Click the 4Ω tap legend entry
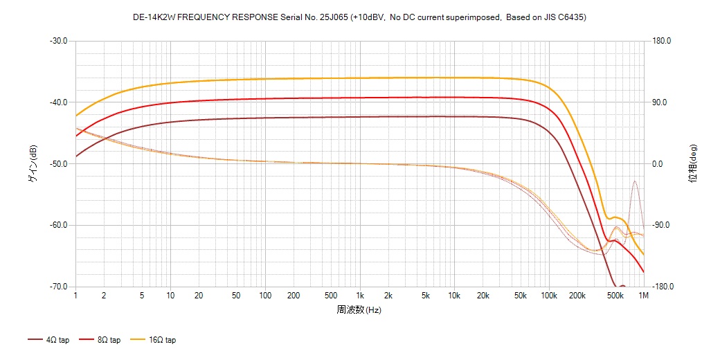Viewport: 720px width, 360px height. (x=48, y=340)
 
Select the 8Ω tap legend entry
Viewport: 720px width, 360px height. (x=100, y=340)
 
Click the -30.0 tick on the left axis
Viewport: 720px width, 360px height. (x=58, y=41)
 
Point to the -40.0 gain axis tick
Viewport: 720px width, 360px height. (x=58, y=102)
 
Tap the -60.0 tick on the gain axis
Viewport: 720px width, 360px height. (x=58, y=225)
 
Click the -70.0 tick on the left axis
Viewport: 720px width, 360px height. (x=58, y=287)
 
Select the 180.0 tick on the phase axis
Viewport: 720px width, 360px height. (x=662, y=41)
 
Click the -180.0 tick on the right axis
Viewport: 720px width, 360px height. (x=660, y=287)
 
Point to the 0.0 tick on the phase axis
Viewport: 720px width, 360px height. (x=658, y=164)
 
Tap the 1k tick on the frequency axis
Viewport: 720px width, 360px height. (x=359, y=296)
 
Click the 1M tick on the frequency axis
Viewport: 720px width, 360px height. (x=643, y=296)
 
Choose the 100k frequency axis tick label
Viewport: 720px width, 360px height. (x=548, y=296)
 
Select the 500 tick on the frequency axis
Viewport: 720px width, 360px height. (x=331, y=296)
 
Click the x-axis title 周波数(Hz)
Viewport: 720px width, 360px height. (x=359, y=309)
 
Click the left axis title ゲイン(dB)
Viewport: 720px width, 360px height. (x=32, y=164)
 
